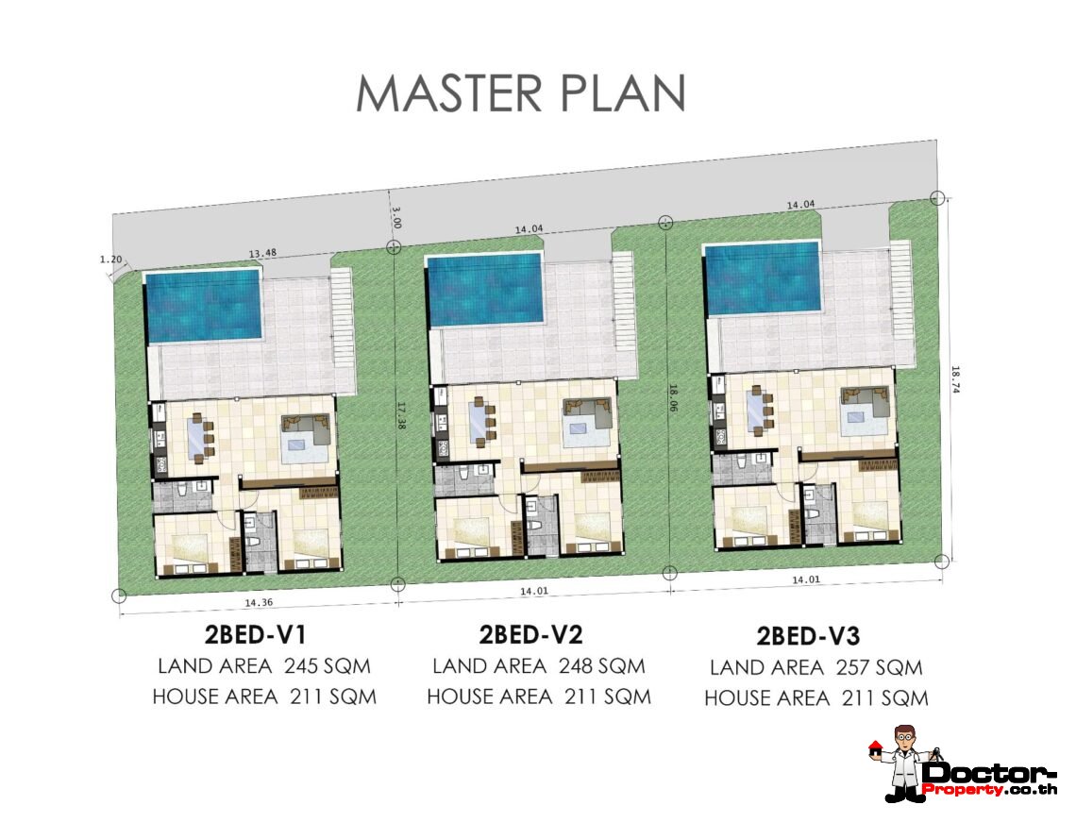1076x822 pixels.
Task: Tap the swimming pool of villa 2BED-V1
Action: click(203, 306)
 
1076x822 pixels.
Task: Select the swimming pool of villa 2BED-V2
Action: click(484, 290)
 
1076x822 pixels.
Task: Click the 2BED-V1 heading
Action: click(255, 635)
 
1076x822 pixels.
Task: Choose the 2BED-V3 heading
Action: click(808, 637)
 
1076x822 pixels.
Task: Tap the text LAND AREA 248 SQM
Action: click(539, 665)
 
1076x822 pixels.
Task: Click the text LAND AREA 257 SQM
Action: click(815, 667)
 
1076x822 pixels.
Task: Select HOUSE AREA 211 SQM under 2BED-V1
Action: click(264, 696)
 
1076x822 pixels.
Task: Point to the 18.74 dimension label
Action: click(955, 378)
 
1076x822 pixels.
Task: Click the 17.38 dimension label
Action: click(401, 416)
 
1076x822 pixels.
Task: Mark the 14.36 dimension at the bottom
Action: click(259, 602)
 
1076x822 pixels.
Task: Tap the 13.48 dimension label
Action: click(262, 253)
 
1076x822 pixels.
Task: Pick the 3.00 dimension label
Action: click(396, 217)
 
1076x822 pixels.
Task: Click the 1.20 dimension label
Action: click(110, 260)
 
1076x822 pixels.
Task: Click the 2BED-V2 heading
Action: click(530, 635)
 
